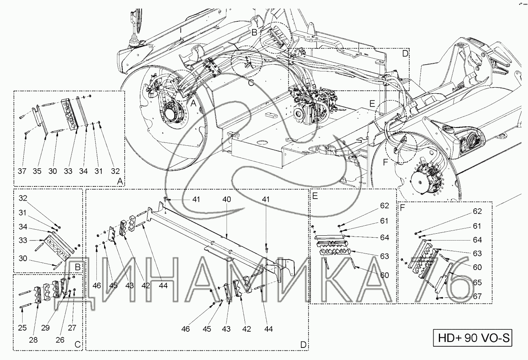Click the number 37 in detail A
tap(22, 171)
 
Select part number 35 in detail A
tap(37, 171)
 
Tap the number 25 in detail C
tap(23, 328)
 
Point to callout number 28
tap(33, 340)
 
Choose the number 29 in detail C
tap(46, 328)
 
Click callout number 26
tap(60, 340)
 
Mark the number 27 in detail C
tap(72, 328)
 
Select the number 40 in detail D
tap(227, 199)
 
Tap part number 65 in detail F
tap(477, 283)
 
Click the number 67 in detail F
tap(477, 296)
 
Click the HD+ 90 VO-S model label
tap(473, 338)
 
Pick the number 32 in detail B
tap(23, 198)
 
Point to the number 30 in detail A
tap(52, 171)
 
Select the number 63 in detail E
tap(384, 256)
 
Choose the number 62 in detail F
tap(477, 211)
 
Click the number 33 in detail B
tap(23, 241)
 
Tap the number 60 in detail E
tap(384, 275)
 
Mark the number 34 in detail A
tap(83, 171)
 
